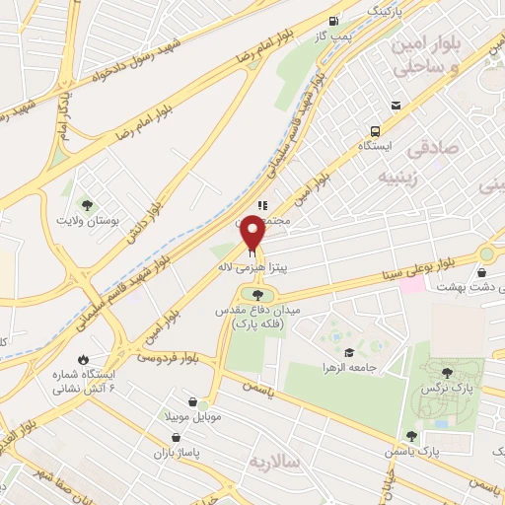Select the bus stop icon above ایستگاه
pyautogui.click(x=375, y=131)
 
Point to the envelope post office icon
pyautogui.click(x=395, y=107)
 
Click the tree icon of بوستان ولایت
pyautogui.click(x=88, y=205)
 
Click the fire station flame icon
pyautogui.click(x=83, y=358)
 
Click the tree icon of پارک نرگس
pyautogui.click(x=447, y=373)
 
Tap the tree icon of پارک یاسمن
pyautogui.click(x=412, y=435)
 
